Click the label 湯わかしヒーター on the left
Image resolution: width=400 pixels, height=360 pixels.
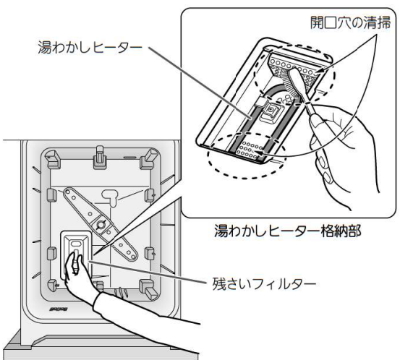tap(90, 48)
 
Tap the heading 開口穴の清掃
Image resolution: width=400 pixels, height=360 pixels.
tap(350, 22)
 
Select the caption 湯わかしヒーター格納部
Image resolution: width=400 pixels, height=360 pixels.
tap(287, 231)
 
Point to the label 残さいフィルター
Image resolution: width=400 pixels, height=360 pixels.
tap(264, 284)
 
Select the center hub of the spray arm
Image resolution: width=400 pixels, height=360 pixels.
tap(100, 224)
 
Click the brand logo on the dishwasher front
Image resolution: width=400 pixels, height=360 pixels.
tap(58, 309)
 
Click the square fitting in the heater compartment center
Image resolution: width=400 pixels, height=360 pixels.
tap(270, 110)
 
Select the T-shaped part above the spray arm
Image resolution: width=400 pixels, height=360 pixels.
tap(111, 197)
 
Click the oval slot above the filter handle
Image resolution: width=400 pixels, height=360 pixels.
tap(76, 244)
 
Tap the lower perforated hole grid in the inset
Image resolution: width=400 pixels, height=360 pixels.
tap(250, 150)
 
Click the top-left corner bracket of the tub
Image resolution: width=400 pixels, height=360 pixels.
tap(54, 159)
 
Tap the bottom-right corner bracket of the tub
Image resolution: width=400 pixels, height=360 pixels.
tap(148, 288)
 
